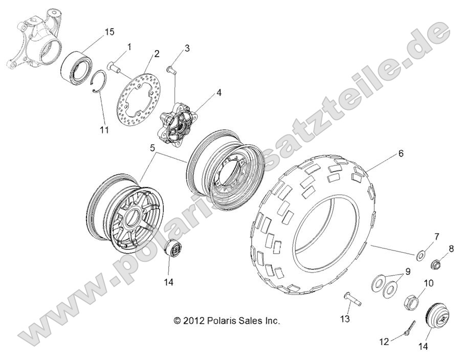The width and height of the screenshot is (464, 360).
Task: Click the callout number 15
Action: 109,32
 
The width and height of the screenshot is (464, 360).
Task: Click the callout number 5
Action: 152,147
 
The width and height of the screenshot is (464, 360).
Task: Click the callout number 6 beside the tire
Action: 401,153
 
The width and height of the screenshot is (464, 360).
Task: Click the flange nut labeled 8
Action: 436,264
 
